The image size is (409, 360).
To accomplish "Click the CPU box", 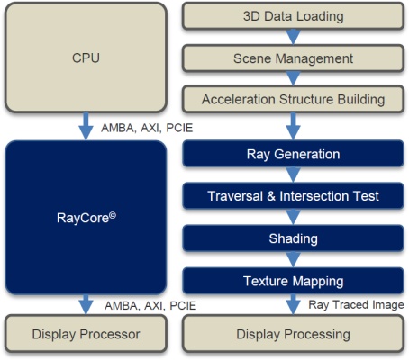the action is [86, 58].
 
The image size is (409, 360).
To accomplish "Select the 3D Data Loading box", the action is [293, 16].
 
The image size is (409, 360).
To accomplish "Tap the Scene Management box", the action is [293, 58].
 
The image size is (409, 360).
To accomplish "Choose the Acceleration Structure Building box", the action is [293, 99].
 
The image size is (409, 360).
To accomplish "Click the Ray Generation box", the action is [293, 154].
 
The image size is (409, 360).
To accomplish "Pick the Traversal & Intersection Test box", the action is [293, 196].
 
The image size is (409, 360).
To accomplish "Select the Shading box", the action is [293, 238].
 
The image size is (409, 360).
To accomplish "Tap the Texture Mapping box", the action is [293, 281].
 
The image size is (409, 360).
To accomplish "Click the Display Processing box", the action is [293, 334].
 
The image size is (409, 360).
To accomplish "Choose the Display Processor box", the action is [86, 334].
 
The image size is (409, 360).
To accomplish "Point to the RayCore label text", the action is [86, 218].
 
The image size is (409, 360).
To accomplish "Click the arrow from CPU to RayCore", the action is [86, 126].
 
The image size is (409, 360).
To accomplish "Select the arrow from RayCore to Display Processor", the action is [86, 304].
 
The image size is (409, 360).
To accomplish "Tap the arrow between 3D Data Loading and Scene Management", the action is [294, 37].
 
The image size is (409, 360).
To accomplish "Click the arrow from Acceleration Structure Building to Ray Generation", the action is [294, 126].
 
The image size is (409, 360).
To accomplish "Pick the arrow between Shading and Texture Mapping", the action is [294, 259].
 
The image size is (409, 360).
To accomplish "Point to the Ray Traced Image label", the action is [356, 305].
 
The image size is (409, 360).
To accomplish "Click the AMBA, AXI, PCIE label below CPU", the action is [147, 128].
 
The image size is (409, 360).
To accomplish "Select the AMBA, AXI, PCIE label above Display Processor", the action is [150, 306].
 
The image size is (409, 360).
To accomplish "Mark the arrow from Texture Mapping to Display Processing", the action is [294, 304].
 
